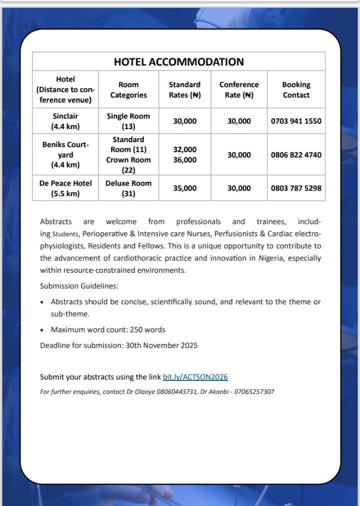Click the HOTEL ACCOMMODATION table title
[x=179, y=62]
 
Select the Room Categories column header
[x=128, y=90]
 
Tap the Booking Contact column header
[x=296, y=90]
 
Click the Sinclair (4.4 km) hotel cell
[x=65, y=121]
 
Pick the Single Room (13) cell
[x=128, y=121]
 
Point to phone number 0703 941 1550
[x=296, y=121]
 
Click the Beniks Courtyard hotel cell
[x=65, y=155]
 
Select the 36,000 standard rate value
[x=185, y=160]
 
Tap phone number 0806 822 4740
[x=296, y=155]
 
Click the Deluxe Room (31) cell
[x=128, y=188]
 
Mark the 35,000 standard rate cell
[x=185, y=188]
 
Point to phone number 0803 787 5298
[x=296, y=188]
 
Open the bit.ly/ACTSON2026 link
[x=195, y=377]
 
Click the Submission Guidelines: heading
[x=79, y=286]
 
